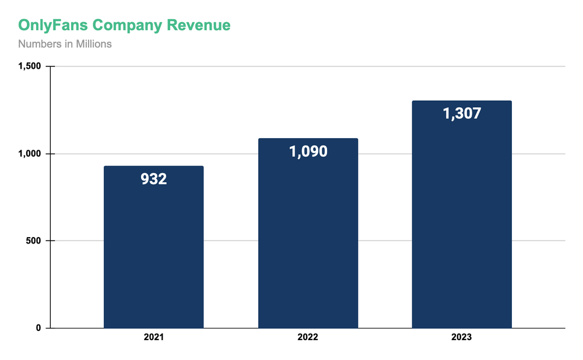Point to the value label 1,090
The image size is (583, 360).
point(308,152)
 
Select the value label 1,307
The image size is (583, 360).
point(462,114)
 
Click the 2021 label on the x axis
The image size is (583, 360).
point(154,338)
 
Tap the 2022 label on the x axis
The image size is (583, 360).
point(308,338)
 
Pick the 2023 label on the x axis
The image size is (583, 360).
point(462,338)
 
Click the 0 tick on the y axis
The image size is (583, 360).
point(38,328)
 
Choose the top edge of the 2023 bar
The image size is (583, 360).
point(462,101)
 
